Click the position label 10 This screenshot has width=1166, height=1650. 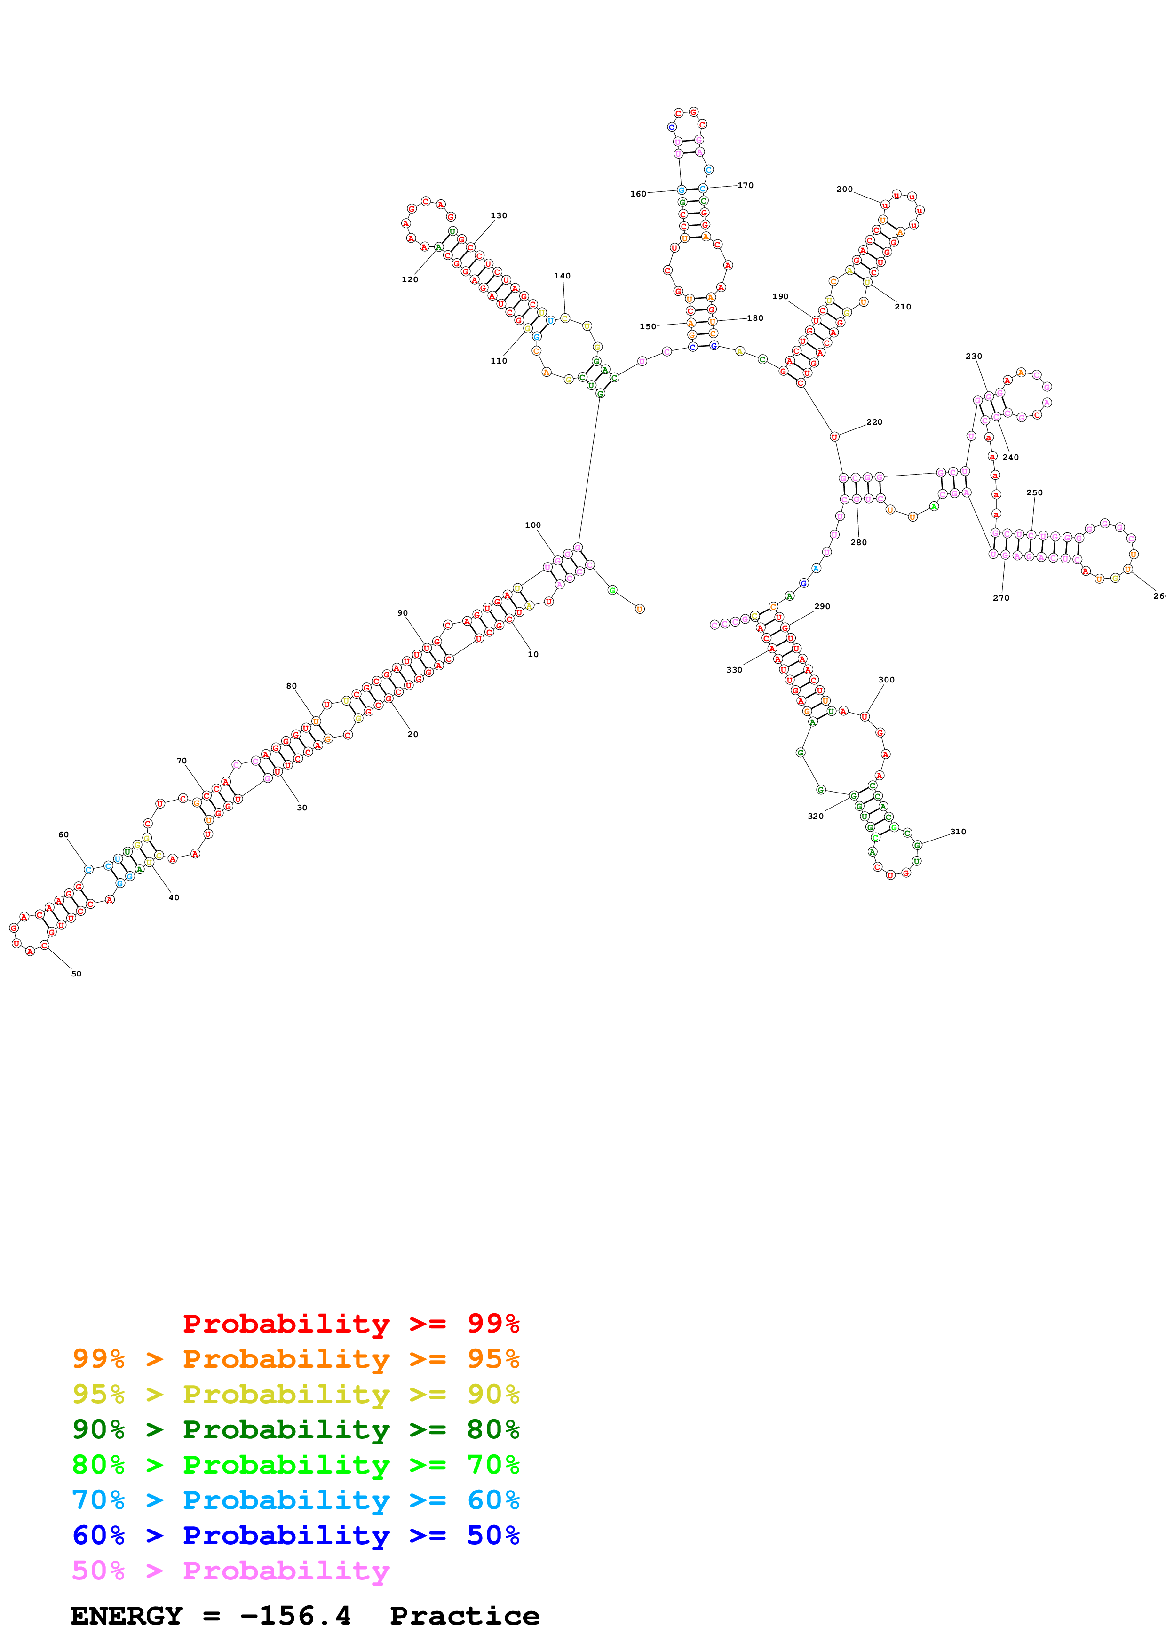pos(533,654)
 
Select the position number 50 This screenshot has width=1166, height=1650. pos(76,974)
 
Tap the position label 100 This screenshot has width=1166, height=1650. pos(532,525)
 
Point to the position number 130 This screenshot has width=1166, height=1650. pos(499,215)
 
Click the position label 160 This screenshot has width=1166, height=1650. pos(638,194)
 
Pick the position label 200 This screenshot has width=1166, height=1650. pos(844,190)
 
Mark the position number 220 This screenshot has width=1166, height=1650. pos(874,422)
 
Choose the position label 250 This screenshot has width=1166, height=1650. pos(1034,493)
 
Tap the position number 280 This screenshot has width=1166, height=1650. pos(858,543)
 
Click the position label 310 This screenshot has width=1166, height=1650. pos(959,832)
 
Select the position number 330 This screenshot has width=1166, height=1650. pos(734,670)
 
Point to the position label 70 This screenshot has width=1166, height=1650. pos(182,760)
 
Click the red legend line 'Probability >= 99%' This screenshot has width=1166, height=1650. pos(350,1324)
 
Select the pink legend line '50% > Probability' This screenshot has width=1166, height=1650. pos(230,1571)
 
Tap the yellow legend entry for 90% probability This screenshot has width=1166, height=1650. pos(295,1394)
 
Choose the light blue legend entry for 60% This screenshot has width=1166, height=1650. pos(295,1500)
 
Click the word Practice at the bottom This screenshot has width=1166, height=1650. pos(465,1616)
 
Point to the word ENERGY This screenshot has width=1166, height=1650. pos(127,1616)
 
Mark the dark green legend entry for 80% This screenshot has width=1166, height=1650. pos(295,1430)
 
